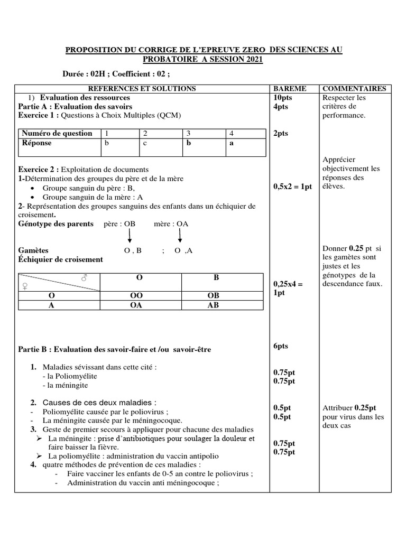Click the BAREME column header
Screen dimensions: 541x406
pyautogui.click(x=288, y=89)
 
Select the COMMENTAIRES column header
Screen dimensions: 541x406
pyautogui.click(x=354, y=89)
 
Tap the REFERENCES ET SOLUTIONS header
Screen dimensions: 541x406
pyautogui.click(x=141, y=89)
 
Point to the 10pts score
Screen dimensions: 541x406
pyautogui.click(x=283, y=98)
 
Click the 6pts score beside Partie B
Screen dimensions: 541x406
pyautogui.click(x=281, y=346)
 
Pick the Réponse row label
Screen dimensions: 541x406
pyautogui.click(x=36, y=143)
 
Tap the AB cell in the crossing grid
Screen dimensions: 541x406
pyautogui.click(x=213, y=305)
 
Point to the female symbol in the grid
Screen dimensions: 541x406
pyautogui.click(x=24, y=286)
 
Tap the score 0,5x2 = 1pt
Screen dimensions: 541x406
pyautogui.click(x=293, y=186)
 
